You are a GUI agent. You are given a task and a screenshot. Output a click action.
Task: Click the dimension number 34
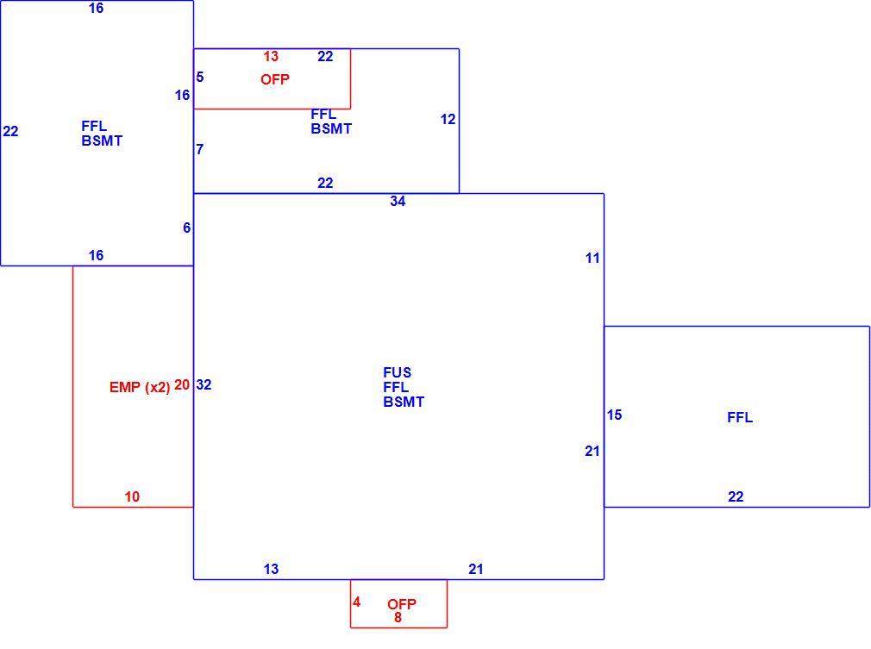tap(398, 202)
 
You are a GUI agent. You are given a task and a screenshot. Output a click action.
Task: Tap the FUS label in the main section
tap(398, 372)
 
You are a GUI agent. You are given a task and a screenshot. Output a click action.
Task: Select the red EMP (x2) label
tap(140, 388)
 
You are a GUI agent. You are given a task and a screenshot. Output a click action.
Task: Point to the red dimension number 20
tap(182, 384)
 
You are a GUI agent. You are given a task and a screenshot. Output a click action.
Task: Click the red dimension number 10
tap(132, 497)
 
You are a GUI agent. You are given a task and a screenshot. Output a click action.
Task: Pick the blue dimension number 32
tap(204, 384)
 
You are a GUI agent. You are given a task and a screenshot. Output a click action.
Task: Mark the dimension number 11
tap(592, 259)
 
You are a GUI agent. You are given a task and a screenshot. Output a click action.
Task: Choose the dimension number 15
tap(614, 415)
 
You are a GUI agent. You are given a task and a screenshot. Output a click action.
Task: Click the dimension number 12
tap(448, 119)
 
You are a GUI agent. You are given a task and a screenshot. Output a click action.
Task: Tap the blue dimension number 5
tap(200, 78)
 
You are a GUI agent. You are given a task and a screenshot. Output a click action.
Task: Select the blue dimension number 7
tap(200, 149)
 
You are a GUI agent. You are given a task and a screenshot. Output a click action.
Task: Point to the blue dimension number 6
tap(186, 228)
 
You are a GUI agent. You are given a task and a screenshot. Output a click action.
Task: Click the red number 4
tap(357, 602)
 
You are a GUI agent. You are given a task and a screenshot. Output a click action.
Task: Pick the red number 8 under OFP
tap(398, 617)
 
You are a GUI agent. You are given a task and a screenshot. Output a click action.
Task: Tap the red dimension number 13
tap(271, 57)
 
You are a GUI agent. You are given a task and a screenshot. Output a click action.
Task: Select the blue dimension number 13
tap(271, 569)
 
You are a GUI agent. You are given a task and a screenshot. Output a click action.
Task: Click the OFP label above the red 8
tap(402, 604)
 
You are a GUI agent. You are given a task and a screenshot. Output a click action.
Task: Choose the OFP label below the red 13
tap(275, 79)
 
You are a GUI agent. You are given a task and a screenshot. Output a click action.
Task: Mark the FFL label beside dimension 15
tap(740, 417)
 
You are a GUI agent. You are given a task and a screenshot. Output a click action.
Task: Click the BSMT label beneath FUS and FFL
tap(404, 402)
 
